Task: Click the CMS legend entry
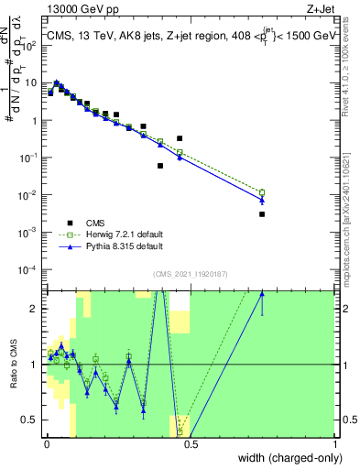[x=93, y=222]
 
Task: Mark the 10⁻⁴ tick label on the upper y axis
[x=29, y=269]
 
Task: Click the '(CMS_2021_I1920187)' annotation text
[x=190, y=273]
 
